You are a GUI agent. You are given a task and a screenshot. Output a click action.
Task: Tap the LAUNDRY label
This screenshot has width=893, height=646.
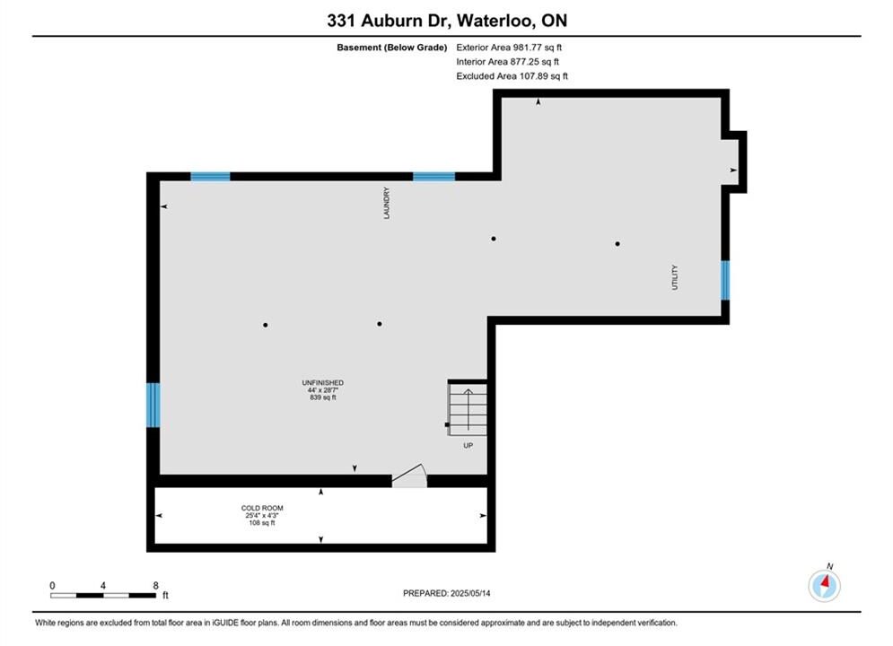point(387,203)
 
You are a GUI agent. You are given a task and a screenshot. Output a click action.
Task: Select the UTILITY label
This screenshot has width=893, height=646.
point(675,277)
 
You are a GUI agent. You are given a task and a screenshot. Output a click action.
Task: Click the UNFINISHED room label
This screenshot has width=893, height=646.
point(323,383)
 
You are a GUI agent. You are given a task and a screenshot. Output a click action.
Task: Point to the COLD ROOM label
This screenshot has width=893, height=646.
point(262,508)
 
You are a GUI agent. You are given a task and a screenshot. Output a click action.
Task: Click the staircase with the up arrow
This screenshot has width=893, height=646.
point(468,407)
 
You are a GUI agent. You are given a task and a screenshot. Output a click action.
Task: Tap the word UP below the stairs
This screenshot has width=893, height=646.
point(468,446)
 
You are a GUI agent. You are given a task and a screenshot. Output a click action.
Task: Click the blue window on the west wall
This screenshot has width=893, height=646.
point(153,405)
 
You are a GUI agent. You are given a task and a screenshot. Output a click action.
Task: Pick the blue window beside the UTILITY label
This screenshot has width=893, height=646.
point(725,280)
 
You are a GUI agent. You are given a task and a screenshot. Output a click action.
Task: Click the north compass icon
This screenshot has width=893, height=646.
point(824,584)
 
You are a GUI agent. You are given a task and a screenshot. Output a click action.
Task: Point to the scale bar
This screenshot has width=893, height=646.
point(103,596)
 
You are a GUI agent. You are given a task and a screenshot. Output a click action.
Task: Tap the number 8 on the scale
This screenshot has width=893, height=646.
point(155,585)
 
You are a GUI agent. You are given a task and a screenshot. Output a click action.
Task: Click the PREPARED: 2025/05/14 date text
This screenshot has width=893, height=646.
point(447,593)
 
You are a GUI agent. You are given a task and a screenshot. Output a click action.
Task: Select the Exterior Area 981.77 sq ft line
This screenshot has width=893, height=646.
point(509,48)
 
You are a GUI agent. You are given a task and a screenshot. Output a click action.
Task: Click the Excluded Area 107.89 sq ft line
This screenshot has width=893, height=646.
point(512,76)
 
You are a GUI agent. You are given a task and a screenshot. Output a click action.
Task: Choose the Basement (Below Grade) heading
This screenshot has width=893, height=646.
point(392,48)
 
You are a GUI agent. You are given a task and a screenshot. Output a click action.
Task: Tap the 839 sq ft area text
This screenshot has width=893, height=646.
point(323,397)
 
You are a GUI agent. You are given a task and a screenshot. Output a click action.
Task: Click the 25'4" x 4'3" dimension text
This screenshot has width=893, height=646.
point(262,515)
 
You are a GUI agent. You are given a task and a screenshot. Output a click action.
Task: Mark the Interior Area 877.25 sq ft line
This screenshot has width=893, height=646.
point(507,62)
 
